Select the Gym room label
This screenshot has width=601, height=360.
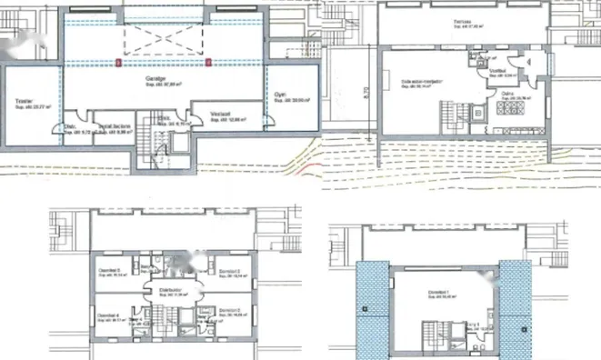[x=280, y=101]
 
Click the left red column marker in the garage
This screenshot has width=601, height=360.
[x=120, y=63]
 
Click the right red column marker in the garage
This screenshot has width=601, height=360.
[x=208, y=63]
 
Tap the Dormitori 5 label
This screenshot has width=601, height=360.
[x=109, y=271]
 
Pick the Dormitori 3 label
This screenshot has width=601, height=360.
[x=229, y=272]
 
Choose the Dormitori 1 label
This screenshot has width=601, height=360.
[x=439, y=292]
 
